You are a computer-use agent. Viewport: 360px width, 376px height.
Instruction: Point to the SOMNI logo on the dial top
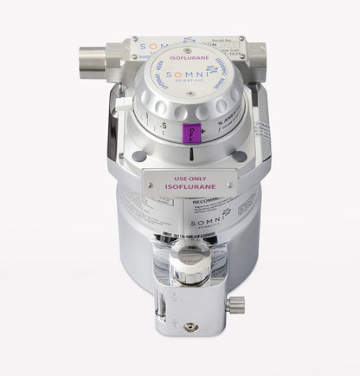(183, 77)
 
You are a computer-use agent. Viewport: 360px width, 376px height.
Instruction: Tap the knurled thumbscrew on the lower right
(235, 304)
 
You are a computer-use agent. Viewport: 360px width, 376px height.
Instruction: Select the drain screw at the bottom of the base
(189, 327)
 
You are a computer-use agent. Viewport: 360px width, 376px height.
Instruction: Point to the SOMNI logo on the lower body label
(211, 224)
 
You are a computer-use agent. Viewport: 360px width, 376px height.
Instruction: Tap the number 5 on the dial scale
(164, 125)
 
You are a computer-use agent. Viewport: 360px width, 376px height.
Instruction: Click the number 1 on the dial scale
(149, 116)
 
